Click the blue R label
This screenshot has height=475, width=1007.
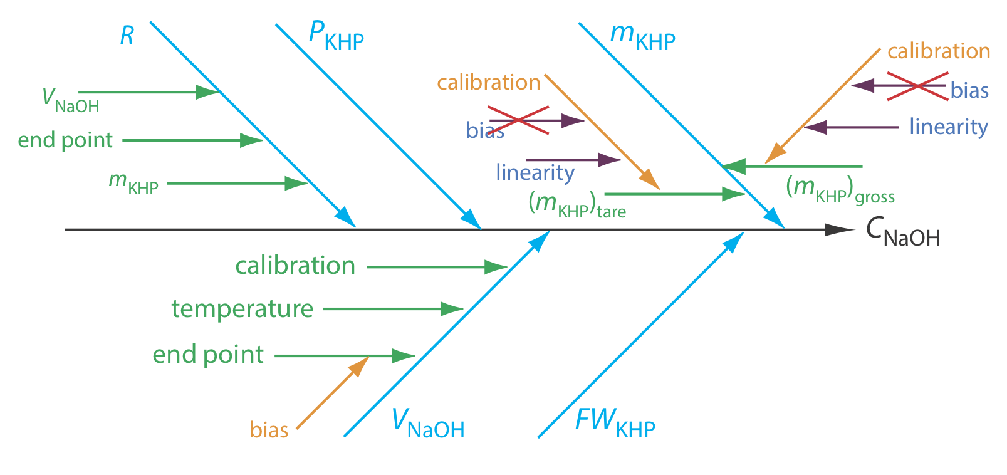127,36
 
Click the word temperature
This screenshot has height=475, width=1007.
243,309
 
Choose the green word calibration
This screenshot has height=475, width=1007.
295,266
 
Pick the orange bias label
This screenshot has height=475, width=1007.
269,430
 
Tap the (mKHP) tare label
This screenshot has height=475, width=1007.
577,204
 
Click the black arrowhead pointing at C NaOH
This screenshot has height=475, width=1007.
838,230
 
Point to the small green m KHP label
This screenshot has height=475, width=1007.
133,183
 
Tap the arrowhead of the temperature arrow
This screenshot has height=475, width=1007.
452,309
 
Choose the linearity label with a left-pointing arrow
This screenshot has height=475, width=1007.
948,127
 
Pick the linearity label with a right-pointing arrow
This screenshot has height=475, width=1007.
535,172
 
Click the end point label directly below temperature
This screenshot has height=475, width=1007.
208,355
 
